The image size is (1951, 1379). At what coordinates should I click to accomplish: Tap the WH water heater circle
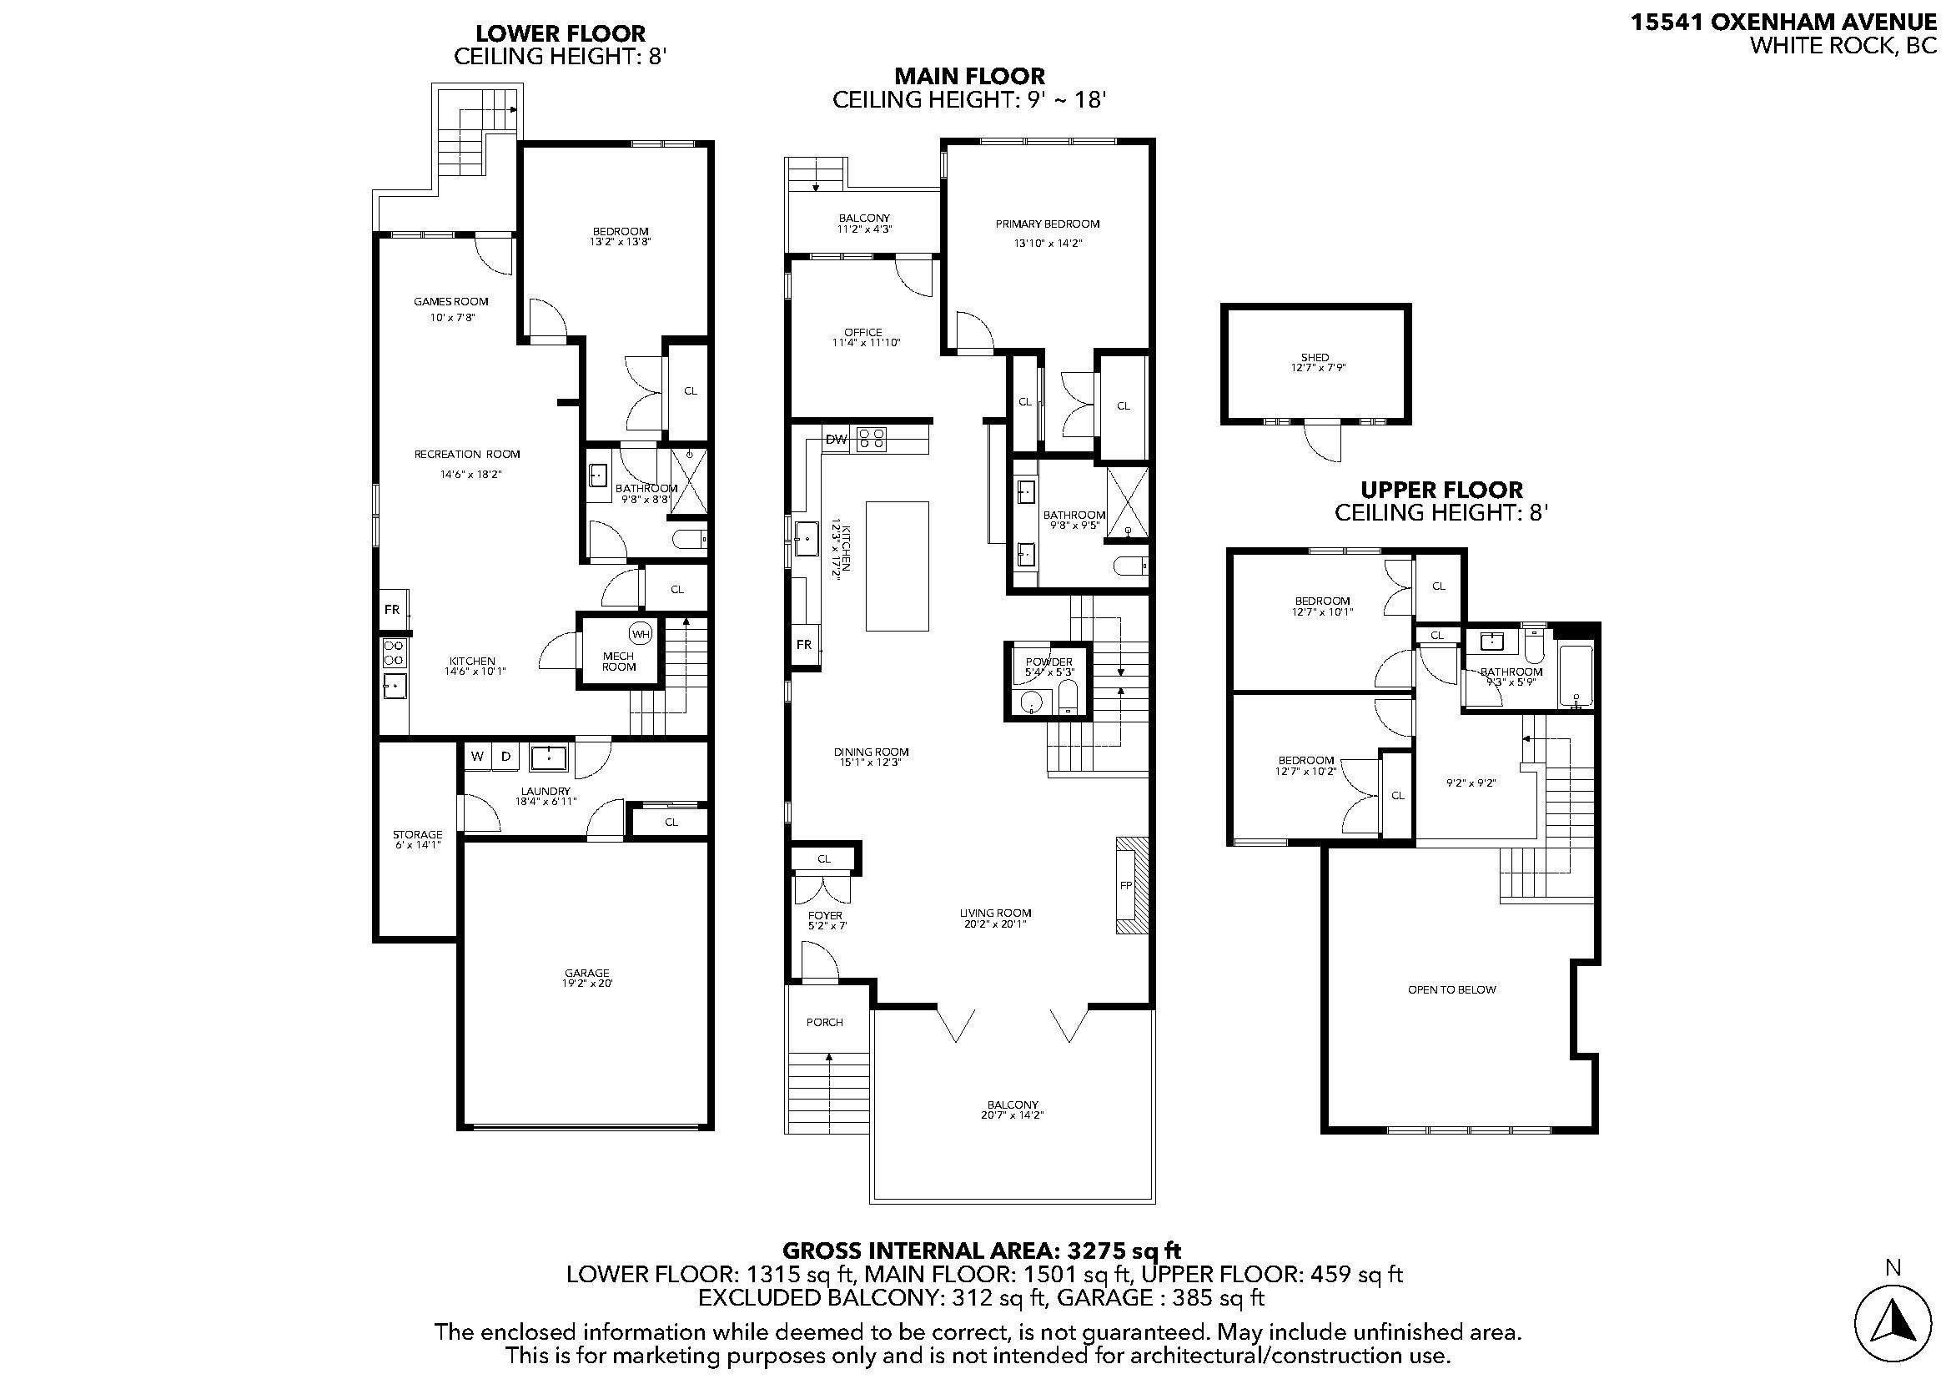click(640, 633)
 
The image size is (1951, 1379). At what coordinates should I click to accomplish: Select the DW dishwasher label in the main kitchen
click(836, 440)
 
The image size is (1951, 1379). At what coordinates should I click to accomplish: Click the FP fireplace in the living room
click(1127, 885)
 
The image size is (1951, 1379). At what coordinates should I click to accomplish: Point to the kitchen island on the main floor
click(897, 566)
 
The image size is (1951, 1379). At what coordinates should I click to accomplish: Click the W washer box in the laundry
click(477, 756)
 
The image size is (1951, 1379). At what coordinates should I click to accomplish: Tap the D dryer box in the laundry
click(505, 756)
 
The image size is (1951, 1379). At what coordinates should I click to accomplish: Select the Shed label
click(1315, 358)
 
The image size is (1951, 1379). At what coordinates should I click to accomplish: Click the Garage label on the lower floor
click(587, 973)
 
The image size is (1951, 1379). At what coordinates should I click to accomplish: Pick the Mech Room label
click(619, 661)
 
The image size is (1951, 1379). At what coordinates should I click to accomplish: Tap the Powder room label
click(1048, 662)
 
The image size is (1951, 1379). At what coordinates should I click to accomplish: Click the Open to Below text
click(1451, 990)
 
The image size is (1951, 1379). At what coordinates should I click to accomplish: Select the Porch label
click(824, 1022)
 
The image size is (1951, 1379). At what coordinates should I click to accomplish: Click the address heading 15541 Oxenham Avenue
click(1783, 22)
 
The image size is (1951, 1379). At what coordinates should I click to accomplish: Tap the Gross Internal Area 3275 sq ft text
click(981, 1251)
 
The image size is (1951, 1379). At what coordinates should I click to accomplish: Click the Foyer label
click(824, 916)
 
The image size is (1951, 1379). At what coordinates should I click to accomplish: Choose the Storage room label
click(417, 834)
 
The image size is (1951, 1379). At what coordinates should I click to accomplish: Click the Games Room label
click(451, 302)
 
